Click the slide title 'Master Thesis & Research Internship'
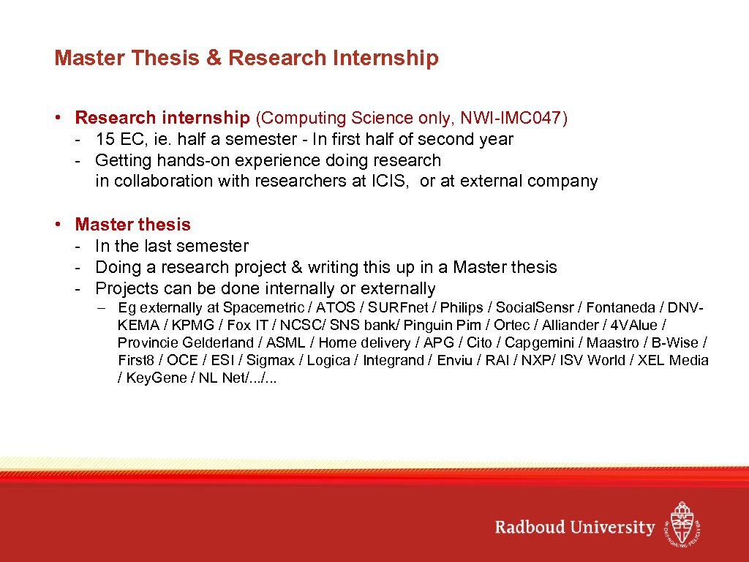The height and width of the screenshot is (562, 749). coord(246,58)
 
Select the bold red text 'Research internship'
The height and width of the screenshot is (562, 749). coord(162,118)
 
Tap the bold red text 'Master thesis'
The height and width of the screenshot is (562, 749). coord(132,225)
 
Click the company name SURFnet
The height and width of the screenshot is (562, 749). coord(399,307)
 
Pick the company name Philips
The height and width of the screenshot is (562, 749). coord(462,307)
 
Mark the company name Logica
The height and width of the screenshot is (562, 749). coord(328,360)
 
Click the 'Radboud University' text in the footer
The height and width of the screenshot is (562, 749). coord(574,528)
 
